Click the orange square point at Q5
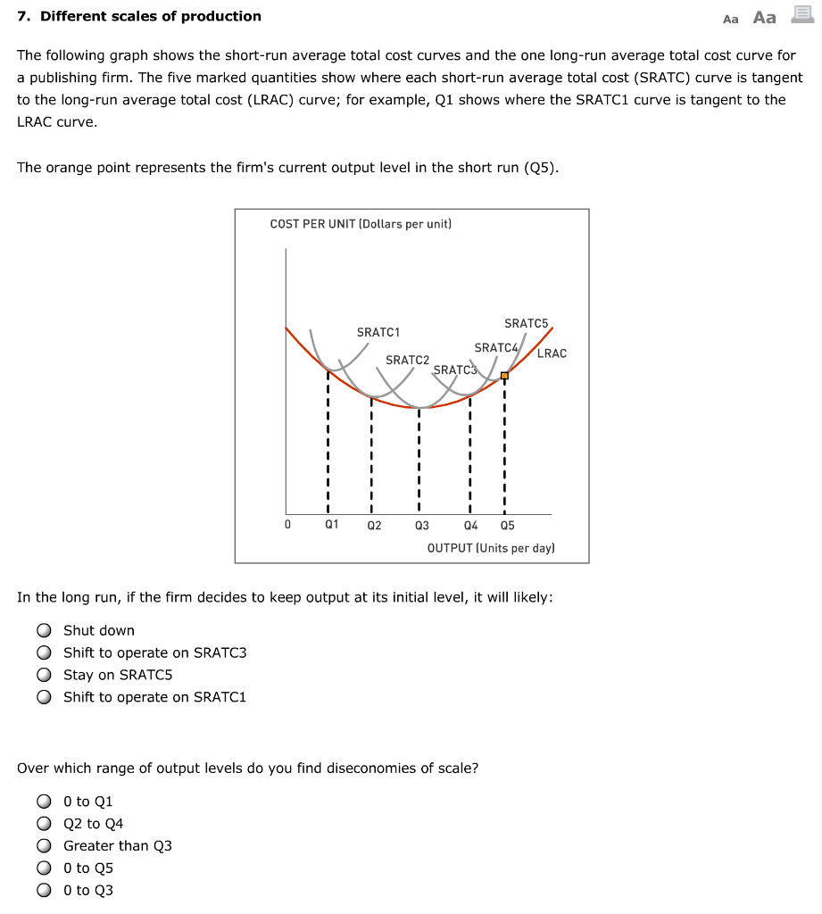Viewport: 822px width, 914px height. (x=504, y=376)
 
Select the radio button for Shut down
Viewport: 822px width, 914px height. (x=44, y=631)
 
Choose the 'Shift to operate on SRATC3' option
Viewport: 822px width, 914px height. (x=44, y=653)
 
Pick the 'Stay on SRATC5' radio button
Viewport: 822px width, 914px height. (x=44, y=676)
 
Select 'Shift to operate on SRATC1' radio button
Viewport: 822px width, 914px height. (x=44, y=698)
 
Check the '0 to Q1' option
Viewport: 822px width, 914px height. (x=44, y=802)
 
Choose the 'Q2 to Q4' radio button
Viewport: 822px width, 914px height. (x=44, y=824)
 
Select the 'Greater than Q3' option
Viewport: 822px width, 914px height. (x=44, y=846)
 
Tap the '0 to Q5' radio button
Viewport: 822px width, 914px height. (x=44, y=868)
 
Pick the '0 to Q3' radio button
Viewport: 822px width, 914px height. (x=44, y=891)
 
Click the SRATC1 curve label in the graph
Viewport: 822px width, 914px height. (x=378, y=332)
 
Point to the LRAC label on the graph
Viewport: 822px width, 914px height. (x=552, y=353)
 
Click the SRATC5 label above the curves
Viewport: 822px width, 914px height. (x=526, y=323)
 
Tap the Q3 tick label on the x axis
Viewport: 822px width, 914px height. (x=421, y=526)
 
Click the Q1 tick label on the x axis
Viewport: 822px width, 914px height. (x=331, y=525)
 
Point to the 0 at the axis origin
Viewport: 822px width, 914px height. (x=287, y=525)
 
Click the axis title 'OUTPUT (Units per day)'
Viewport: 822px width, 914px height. (x=491, y=548)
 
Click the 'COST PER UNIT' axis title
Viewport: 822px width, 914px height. (x=361, y=224)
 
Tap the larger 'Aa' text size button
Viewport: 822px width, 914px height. (x=765, y=18)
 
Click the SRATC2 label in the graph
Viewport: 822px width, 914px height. (x=407, y=360)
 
